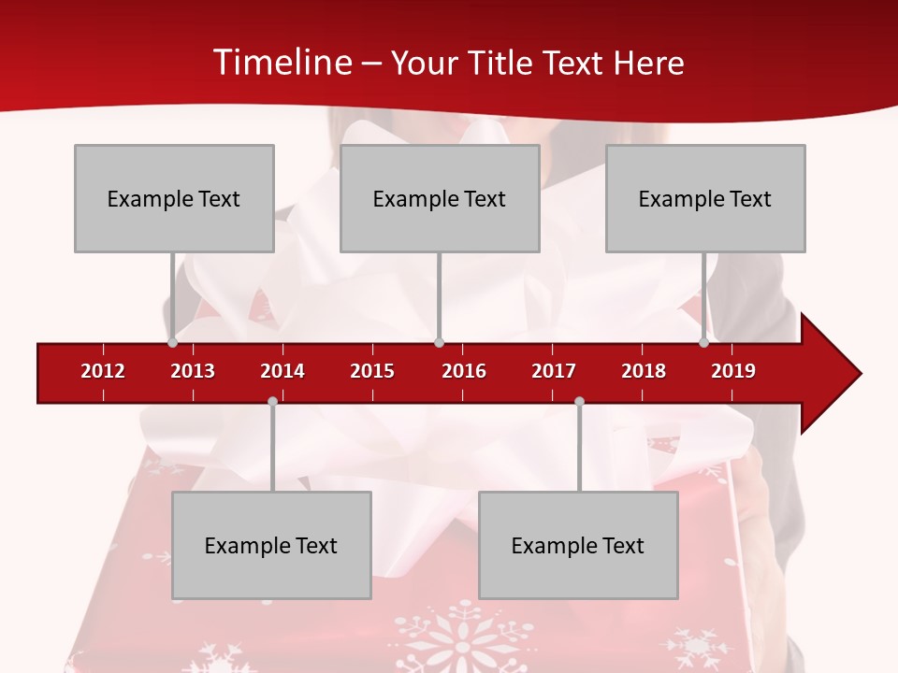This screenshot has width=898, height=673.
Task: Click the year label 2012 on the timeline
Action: pyautogui.click(x=103, y=371)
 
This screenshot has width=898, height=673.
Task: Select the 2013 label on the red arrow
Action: pyautogui.click(x=193, y=371)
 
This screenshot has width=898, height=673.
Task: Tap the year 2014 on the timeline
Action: pyautogui.click(x=282, y=371)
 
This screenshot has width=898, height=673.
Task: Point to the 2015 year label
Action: pyautogui.click(x=372, y=371)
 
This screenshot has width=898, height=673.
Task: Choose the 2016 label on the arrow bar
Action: pyautogui.click(x=464, y=371)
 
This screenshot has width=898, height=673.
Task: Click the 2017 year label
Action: pyautogui.click(x=554, y=371)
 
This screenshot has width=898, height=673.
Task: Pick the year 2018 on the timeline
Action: pyautogui.click(x=644, y=371)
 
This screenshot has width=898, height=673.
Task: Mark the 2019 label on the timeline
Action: pyautogui.click(x=733, y=371)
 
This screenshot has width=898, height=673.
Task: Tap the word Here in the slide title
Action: pyautogui.click(x=648, y=63)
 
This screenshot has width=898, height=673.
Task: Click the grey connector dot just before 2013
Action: pyautogui.click(x=172, y=342)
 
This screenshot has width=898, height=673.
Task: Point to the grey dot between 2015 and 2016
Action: pyautogui.click(x=439, y=342)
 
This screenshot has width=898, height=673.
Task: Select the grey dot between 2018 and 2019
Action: pyautogui.click(x=703, y=342)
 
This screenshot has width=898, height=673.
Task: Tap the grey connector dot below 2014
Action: pyautogui.click(x=272, y=401)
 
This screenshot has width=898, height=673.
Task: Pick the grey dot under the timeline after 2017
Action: pyautogui.click(x=579, y=401)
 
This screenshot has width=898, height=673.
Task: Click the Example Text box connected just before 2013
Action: pyautogui.click(x=174, y=198)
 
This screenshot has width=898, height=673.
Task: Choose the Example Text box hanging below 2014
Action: pyautogui.click(x=271, y=545)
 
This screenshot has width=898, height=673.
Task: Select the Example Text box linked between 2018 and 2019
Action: pyautogui.click(x=705, y=198)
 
